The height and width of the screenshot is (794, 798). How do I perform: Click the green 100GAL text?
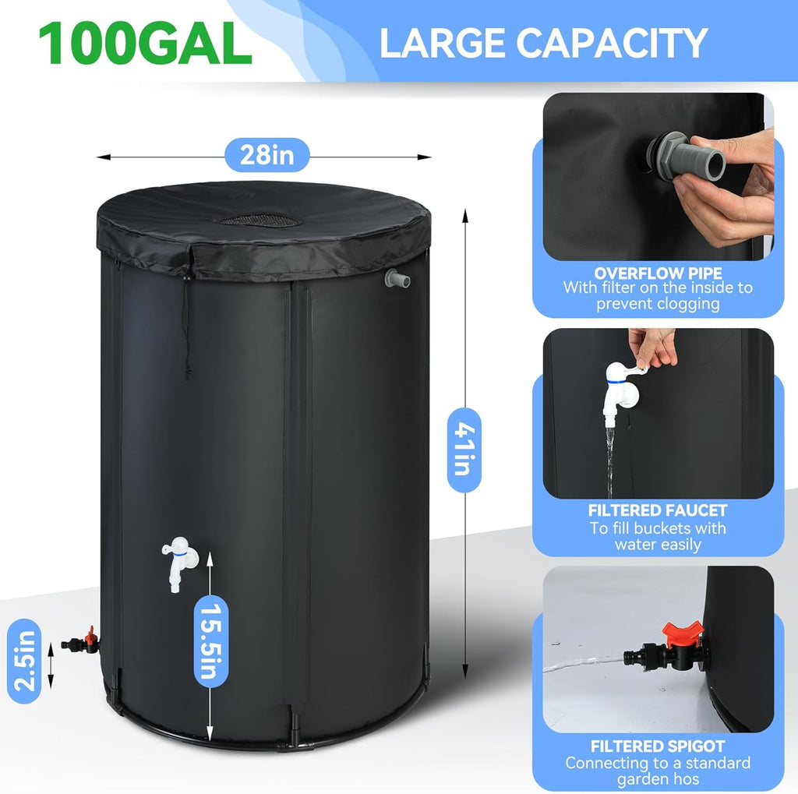pos(145,43)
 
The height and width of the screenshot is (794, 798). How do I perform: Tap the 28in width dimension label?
pos(267,155)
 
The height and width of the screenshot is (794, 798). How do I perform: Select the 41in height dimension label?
pos(464,450)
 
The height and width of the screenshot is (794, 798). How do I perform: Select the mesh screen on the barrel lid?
pos(259,220)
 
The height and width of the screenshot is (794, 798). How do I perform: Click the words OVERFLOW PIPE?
pos(658,273)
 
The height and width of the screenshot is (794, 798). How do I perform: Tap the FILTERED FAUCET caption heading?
pos(658,510)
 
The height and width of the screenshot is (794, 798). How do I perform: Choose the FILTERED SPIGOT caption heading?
pos(658,746)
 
